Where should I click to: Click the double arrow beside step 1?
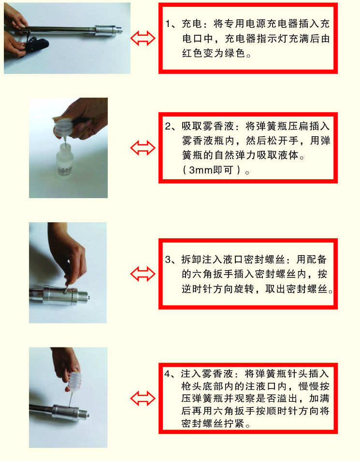click(143, 39)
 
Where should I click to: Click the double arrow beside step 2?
click(143, 148)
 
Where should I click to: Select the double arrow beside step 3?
click(143, 274)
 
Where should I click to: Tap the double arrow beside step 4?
click(143, 398)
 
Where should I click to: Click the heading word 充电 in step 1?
click(190, 24)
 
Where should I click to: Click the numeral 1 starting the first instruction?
click(168, 24)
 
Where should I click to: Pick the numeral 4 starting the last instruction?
click(168, 375)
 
